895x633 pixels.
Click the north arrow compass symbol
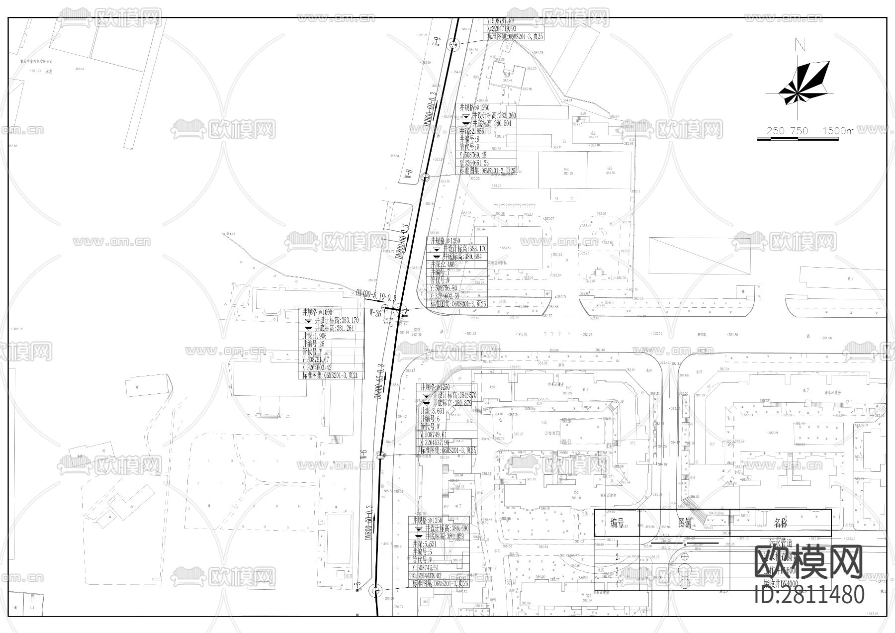click(797, 85)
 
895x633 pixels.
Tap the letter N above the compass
click(800, 46)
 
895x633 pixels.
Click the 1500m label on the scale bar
click(838, 131)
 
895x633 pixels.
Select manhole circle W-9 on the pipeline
click(453, 45)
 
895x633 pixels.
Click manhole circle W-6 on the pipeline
click(380, 455)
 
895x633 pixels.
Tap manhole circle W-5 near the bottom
click(375, 590)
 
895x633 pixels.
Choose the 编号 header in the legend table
click(617, 523)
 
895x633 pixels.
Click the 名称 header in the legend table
click(781, 523)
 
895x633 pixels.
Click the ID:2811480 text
click(809, 595)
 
